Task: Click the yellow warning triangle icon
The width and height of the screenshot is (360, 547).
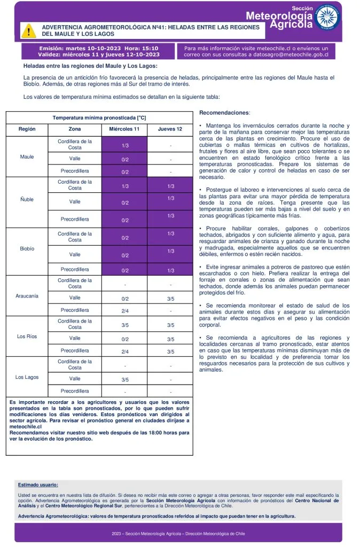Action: pyautogui.click(x=28, y=30)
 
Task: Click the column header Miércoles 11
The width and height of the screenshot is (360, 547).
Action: pyautogui.click(x=124, y=129)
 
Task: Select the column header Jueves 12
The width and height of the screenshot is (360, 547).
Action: pyautogui.click(x=170, y=129)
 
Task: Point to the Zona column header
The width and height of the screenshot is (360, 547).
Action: pyautogui.click(x=75, y=129)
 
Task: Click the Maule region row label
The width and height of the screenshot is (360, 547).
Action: pyautogui.click(x=27, y=157)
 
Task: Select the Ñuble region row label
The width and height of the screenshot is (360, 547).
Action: pyautogui.click(x=27, y=199)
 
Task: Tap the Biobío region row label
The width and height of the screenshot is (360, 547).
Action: pyautogui.click(x=27, y=249)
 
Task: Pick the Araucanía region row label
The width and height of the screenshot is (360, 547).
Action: pyautogui.click(x=27, y=296)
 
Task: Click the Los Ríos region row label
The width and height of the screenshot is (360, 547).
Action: pyautogui.click(x=27, y=337)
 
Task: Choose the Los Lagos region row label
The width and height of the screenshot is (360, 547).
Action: pyautogui.click(x=27, y=377)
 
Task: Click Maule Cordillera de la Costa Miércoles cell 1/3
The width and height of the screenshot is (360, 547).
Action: pyautogui.click(x=124, y=145)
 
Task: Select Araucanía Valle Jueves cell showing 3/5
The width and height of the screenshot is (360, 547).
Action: pyautogui.click(x=170, y=299)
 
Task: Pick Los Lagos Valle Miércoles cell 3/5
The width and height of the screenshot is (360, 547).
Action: pyautogui.click(x=124, y=380)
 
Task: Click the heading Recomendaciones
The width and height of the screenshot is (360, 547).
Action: pyautogui.click(x=224, y=113)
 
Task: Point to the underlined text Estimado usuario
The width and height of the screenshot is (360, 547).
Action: pyautogui.click(x=38, y=485)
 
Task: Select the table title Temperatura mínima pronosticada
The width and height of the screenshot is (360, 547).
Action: pyautogui.click(x=99, y=117)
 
